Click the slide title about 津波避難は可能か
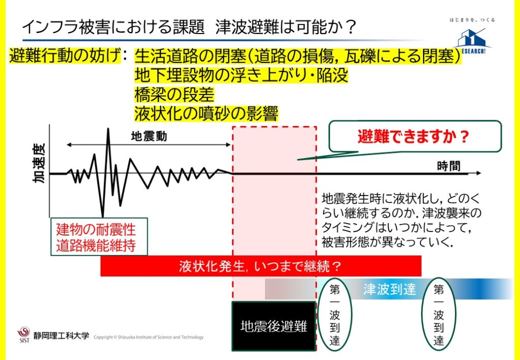pyautogui.click(x=189, y=28)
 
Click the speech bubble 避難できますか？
pyautogui.click(x=414, y=136)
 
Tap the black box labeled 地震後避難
pyautogui.click(x=274, y=326)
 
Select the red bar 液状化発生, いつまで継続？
pyautogui.click(x=261, y=266)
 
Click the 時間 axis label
pyautogui.click(x=449, y=166)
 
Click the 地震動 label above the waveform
pyautogui.click(x=149, y=136)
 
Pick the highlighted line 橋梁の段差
pyautogui.click(x=174, y=95)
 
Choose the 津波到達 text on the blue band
pyautogui.click(x=389, y=289)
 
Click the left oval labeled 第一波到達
pyautogui.click(x=335, y=315)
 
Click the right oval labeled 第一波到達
pyautogui.click(x=439, y=314)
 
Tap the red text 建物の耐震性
pyautogui.click(x=96, y=230)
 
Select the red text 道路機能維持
pyautogui.click(x=96, y=246)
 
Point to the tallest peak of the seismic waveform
pyautogui.click(x=108, y=129)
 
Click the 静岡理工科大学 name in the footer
pyautogui.click(x=61, y=336)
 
